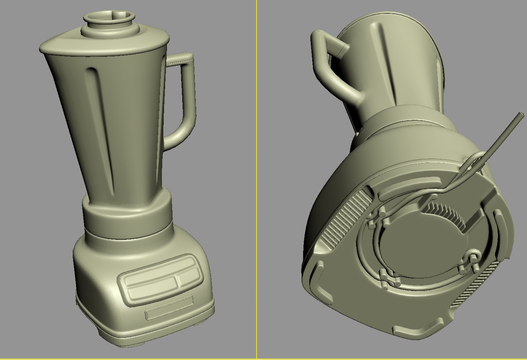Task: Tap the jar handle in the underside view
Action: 329,70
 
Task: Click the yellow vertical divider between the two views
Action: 256,180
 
